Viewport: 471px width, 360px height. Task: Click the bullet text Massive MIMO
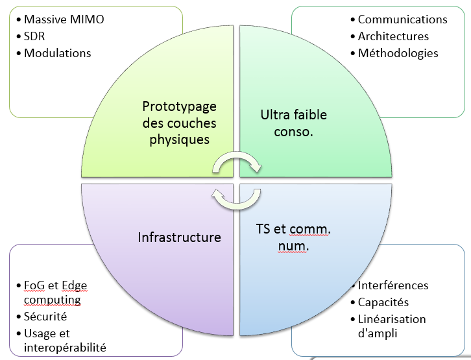[64, 19]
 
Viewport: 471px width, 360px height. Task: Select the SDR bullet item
[35, 36]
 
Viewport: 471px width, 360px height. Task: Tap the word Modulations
[57, 53]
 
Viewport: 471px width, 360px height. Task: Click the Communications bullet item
[402, 19]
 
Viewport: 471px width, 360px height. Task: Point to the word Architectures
[393, 36]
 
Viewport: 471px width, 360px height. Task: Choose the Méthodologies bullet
[398, 53]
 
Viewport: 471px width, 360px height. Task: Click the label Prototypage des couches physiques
[179, 123]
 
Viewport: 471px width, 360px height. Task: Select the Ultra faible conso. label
[293, 123]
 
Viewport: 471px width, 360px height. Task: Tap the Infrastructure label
[179, 237]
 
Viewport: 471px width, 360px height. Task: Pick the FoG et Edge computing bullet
[54, 293]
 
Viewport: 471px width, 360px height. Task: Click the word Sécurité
[45, 317]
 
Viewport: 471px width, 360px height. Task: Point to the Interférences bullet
[393, 285]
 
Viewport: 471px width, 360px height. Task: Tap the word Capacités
[383, 302]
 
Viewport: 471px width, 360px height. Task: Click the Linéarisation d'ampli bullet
[392, 326]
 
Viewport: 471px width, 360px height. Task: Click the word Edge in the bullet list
[74, 285]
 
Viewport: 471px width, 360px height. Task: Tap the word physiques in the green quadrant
[179, 139]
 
